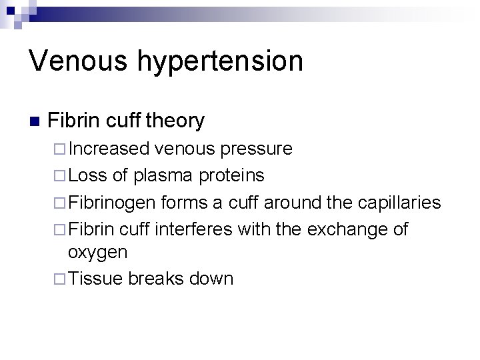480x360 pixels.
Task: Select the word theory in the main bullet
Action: click(x=175, y=121)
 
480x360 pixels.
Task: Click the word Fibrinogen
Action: click(x=113, y=203)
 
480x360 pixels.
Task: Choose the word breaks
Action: click(x=153, y=279)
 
